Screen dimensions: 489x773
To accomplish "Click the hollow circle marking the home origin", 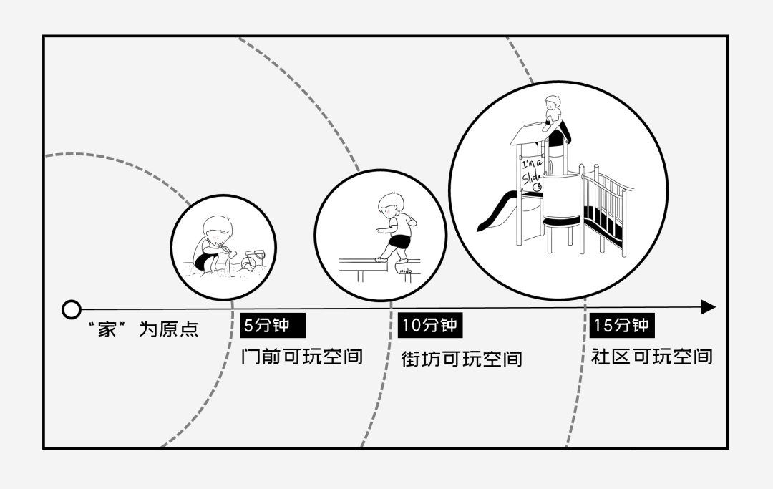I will point(71,309).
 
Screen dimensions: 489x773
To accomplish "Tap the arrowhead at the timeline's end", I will point(707,307).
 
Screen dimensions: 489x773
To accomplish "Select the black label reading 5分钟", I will point(273,325).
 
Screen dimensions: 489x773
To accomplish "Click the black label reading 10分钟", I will point(429,325).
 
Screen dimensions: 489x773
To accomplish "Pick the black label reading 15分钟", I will point(622,325).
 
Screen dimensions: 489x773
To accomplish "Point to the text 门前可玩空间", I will point(302,356).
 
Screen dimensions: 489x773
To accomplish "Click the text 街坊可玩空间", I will point(462,358).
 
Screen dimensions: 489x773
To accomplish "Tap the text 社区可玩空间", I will point(652,356).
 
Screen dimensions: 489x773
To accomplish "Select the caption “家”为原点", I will point(143,329).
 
